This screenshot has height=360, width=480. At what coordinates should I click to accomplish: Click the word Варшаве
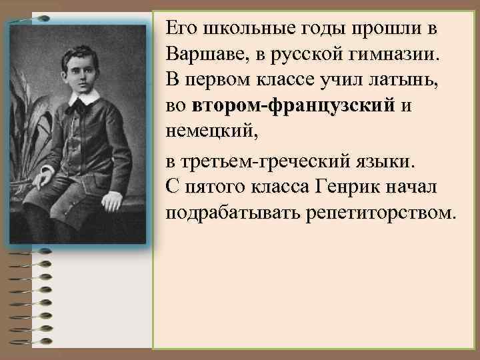[x=203, y=55]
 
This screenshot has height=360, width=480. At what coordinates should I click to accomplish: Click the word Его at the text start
[x=179, y=29]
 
